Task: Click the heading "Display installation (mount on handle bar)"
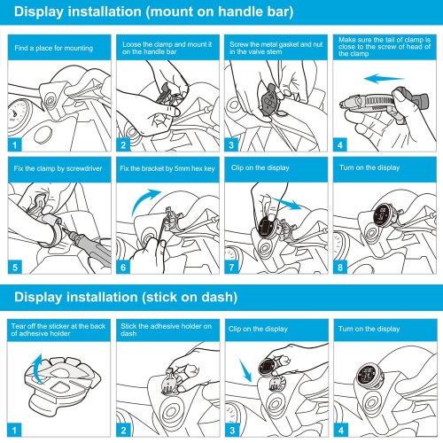click(153, 12)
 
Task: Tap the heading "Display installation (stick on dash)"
click(126, 297)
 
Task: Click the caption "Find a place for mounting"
click(54, 48)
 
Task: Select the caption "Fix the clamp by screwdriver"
click(58, 168)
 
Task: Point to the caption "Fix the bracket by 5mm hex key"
click(167, 168)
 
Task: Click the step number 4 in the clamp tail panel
click(340, 145)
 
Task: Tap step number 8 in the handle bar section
click(340, 268)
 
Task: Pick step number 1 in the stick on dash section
click(14, 431)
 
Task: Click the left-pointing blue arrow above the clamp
click(385, 79)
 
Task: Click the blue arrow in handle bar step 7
click(287, 204)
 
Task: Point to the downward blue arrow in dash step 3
click(245, 371)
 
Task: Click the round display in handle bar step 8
click(383, 214)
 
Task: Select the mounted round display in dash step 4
click(368, 375)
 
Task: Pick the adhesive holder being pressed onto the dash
click(172, 383)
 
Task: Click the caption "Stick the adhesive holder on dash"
click(166, 330)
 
